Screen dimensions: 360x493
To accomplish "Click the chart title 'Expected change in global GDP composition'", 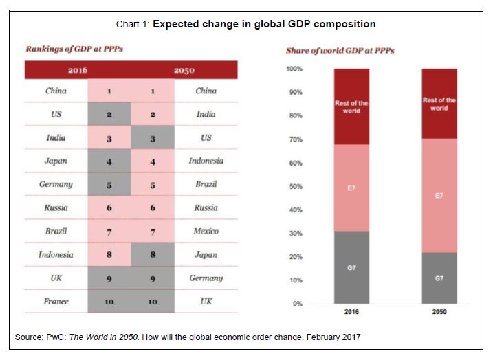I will point(264,24).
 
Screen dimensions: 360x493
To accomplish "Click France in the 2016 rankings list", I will point(56,302).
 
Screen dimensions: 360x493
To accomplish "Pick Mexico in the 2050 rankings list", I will point(206,231).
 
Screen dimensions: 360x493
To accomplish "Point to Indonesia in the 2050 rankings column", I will point(206,161).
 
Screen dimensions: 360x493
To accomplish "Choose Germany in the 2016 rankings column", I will point(56,184).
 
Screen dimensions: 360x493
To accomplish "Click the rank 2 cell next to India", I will point(153,115).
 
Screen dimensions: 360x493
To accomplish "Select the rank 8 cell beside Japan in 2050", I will point(153,255).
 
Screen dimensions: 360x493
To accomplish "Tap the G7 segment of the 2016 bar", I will point(351,267).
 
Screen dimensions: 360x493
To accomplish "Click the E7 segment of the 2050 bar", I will point(439,196).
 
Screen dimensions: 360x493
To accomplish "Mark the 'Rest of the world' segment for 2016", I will point(351,106).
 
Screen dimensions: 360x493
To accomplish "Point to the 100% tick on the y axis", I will point(294,69).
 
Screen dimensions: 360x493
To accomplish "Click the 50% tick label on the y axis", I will point(295,186).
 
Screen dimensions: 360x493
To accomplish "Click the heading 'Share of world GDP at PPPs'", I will point(340,51).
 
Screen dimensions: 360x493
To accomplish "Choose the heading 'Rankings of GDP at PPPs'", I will point(74,49).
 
